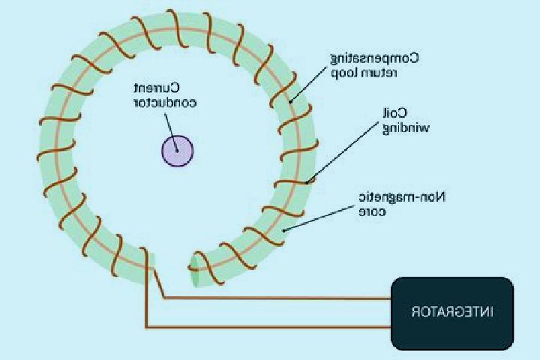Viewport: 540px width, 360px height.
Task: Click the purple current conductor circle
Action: point(177,151)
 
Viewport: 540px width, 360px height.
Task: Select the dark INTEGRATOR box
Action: point(452,313)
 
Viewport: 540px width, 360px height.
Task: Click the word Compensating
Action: point(375,58)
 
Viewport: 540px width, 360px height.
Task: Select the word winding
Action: point(406,128)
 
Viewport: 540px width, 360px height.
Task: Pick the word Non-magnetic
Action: point(402,197)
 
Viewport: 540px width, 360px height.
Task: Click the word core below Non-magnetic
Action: point(373,211)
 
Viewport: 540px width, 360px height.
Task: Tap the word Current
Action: point(157,88)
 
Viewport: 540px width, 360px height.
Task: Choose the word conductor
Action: point(165,103)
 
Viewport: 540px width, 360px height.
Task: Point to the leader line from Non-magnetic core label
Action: point(319,218)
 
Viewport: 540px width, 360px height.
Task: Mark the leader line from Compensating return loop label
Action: point(308,85)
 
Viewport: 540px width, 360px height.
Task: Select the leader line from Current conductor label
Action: point(171,132)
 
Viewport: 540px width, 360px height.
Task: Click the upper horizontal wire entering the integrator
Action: point(277,298)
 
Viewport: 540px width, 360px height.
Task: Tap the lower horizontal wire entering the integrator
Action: point(268,327)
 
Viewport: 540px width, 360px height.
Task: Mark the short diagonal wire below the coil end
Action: point(158,283)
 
